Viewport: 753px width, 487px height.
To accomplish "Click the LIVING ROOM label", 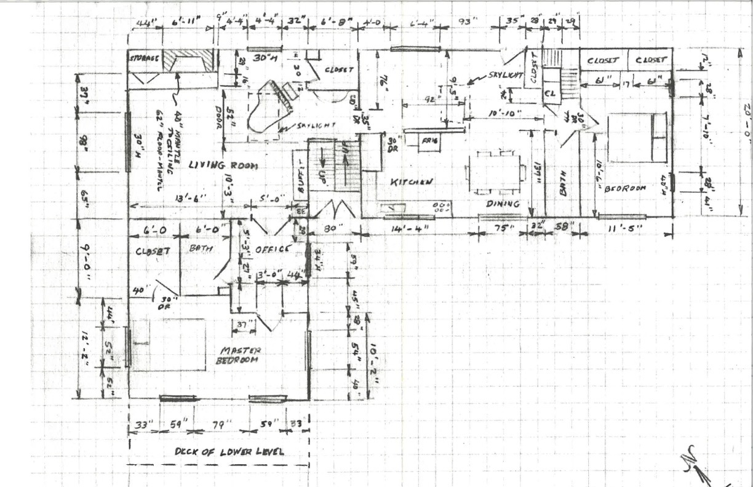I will [223, 166].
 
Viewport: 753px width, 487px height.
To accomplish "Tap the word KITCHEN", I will [411, 182].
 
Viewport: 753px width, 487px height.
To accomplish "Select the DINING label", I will [503, 204].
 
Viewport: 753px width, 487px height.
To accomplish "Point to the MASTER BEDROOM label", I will [237, 355].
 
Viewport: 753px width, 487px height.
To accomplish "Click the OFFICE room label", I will [271, 249].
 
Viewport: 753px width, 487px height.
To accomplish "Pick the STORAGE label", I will [145, 58].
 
